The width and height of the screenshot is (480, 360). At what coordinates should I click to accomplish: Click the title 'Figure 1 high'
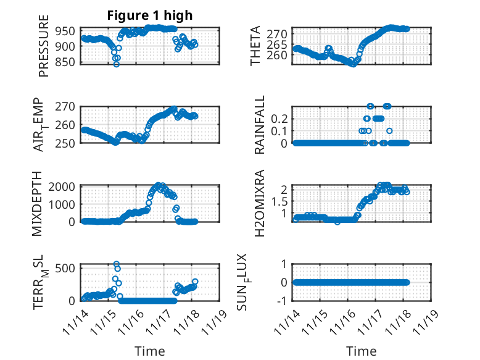[x=150, y=15]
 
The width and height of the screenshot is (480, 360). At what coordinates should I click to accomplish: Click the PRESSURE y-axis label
[x=43, y=51]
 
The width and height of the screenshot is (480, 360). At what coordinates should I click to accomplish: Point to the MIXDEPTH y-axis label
[x=43, y=203]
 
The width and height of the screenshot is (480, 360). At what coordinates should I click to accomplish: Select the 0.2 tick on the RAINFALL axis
[x=280, y=117]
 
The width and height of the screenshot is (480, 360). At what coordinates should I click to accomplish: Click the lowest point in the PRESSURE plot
[x=116, y=64]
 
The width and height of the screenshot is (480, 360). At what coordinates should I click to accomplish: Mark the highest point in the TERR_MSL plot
[x=117, y=264]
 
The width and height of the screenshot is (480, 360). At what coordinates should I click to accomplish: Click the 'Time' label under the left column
[x=150, y=351]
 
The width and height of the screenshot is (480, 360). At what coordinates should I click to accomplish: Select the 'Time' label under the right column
[x=361, y=351]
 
